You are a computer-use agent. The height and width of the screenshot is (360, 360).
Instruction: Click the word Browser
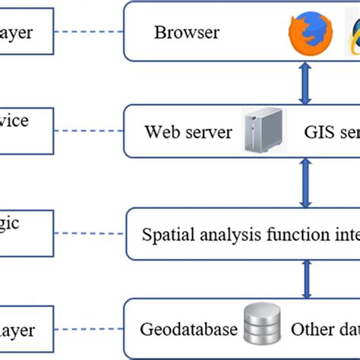point(186,33)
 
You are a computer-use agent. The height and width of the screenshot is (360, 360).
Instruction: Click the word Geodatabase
point(188,331)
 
